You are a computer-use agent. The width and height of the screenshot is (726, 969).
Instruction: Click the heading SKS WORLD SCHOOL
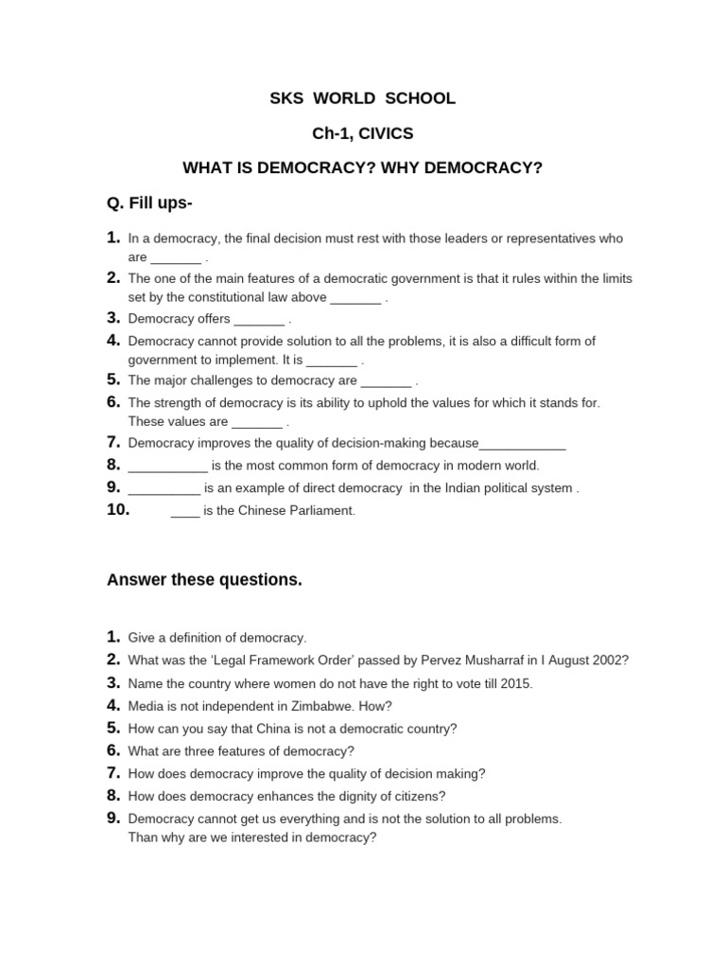pyautogui.click(x=363, y=98)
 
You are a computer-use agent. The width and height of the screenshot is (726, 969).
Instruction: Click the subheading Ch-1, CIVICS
pyautogui.click(x=363, y=133)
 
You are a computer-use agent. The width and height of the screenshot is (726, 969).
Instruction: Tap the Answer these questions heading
pyautogui.click(x=205, y=580)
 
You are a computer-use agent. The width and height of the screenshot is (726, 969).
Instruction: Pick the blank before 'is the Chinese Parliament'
pyautogui.click(x=185, y=512)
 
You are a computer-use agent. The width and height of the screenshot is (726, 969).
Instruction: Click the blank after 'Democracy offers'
pyautogui.click(x=258, y=320)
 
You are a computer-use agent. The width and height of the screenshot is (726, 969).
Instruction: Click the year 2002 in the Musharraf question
pyautogui.click(x=609, y=661)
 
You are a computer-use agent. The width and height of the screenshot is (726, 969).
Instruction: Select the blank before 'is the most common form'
pyautogui.click(x=167, y=467)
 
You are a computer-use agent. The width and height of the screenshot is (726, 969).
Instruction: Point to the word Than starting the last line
pyautogui.click(x=144, y=837)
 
